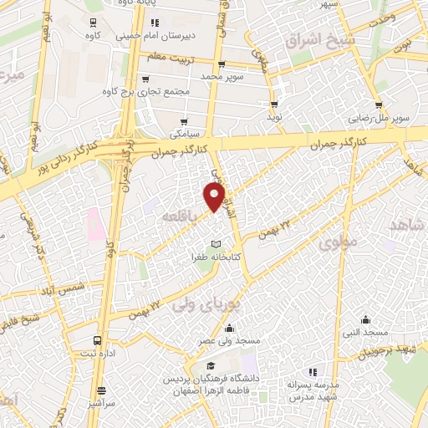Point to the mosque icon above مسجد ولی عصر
pos(230,328)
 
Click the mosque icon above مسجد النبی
pos(365,319)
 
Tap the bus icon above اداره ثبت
pos(99,340)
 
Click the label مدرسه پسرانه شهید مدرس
pos(313,390)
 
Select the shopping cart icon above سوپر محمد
pos(221,64)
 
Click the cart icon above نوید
pos(274,104)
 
